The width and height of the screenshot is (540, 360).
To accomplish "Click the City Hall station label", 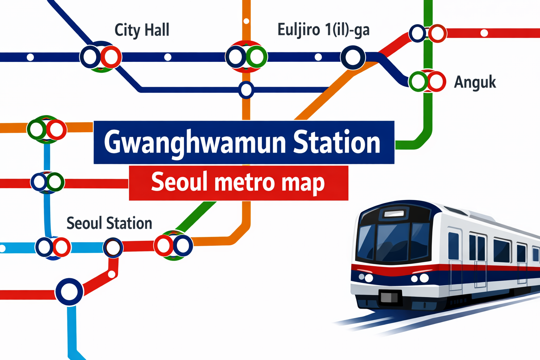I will coord(142,30).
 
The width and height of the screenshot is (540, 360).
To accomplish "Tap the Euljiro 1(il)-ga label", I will coord(323,30).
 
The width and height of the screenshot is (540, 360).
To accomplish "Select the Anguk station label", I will coord(475,82).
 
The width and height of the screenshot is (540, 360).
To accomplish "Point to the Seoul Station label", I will coord(109,223).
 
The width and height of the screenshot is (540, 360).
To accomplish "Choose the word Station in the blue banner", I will coord(336,142).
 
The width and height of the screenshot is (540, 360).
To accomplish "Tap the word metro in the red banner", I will coord(245,182).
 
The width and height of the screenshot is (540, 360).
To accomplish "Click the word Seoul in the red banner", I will coord(178,182).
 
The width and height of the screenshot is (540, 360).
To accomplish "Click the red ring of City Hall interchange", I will coord(111,57).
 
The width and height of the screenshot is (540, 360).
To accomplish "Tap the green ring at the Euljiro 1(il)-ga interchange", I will coord(256,57).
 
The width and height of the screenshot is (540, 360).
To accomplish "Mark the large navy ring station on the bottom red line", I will coord(69,291).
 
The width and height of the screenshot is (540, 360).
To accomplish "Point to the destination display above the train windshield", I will coord(394,213).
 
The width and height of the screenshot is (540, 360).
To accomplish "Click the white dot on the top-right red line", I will coord(484,33).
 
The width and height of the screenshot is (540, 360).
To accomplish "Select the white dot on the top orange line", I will coord(246,21).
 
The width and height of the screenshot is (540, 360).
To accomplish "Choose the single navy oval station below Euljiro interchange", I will coord(246,90).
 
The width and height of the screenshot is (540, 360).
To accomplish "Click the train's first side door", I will coord(455,260).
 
